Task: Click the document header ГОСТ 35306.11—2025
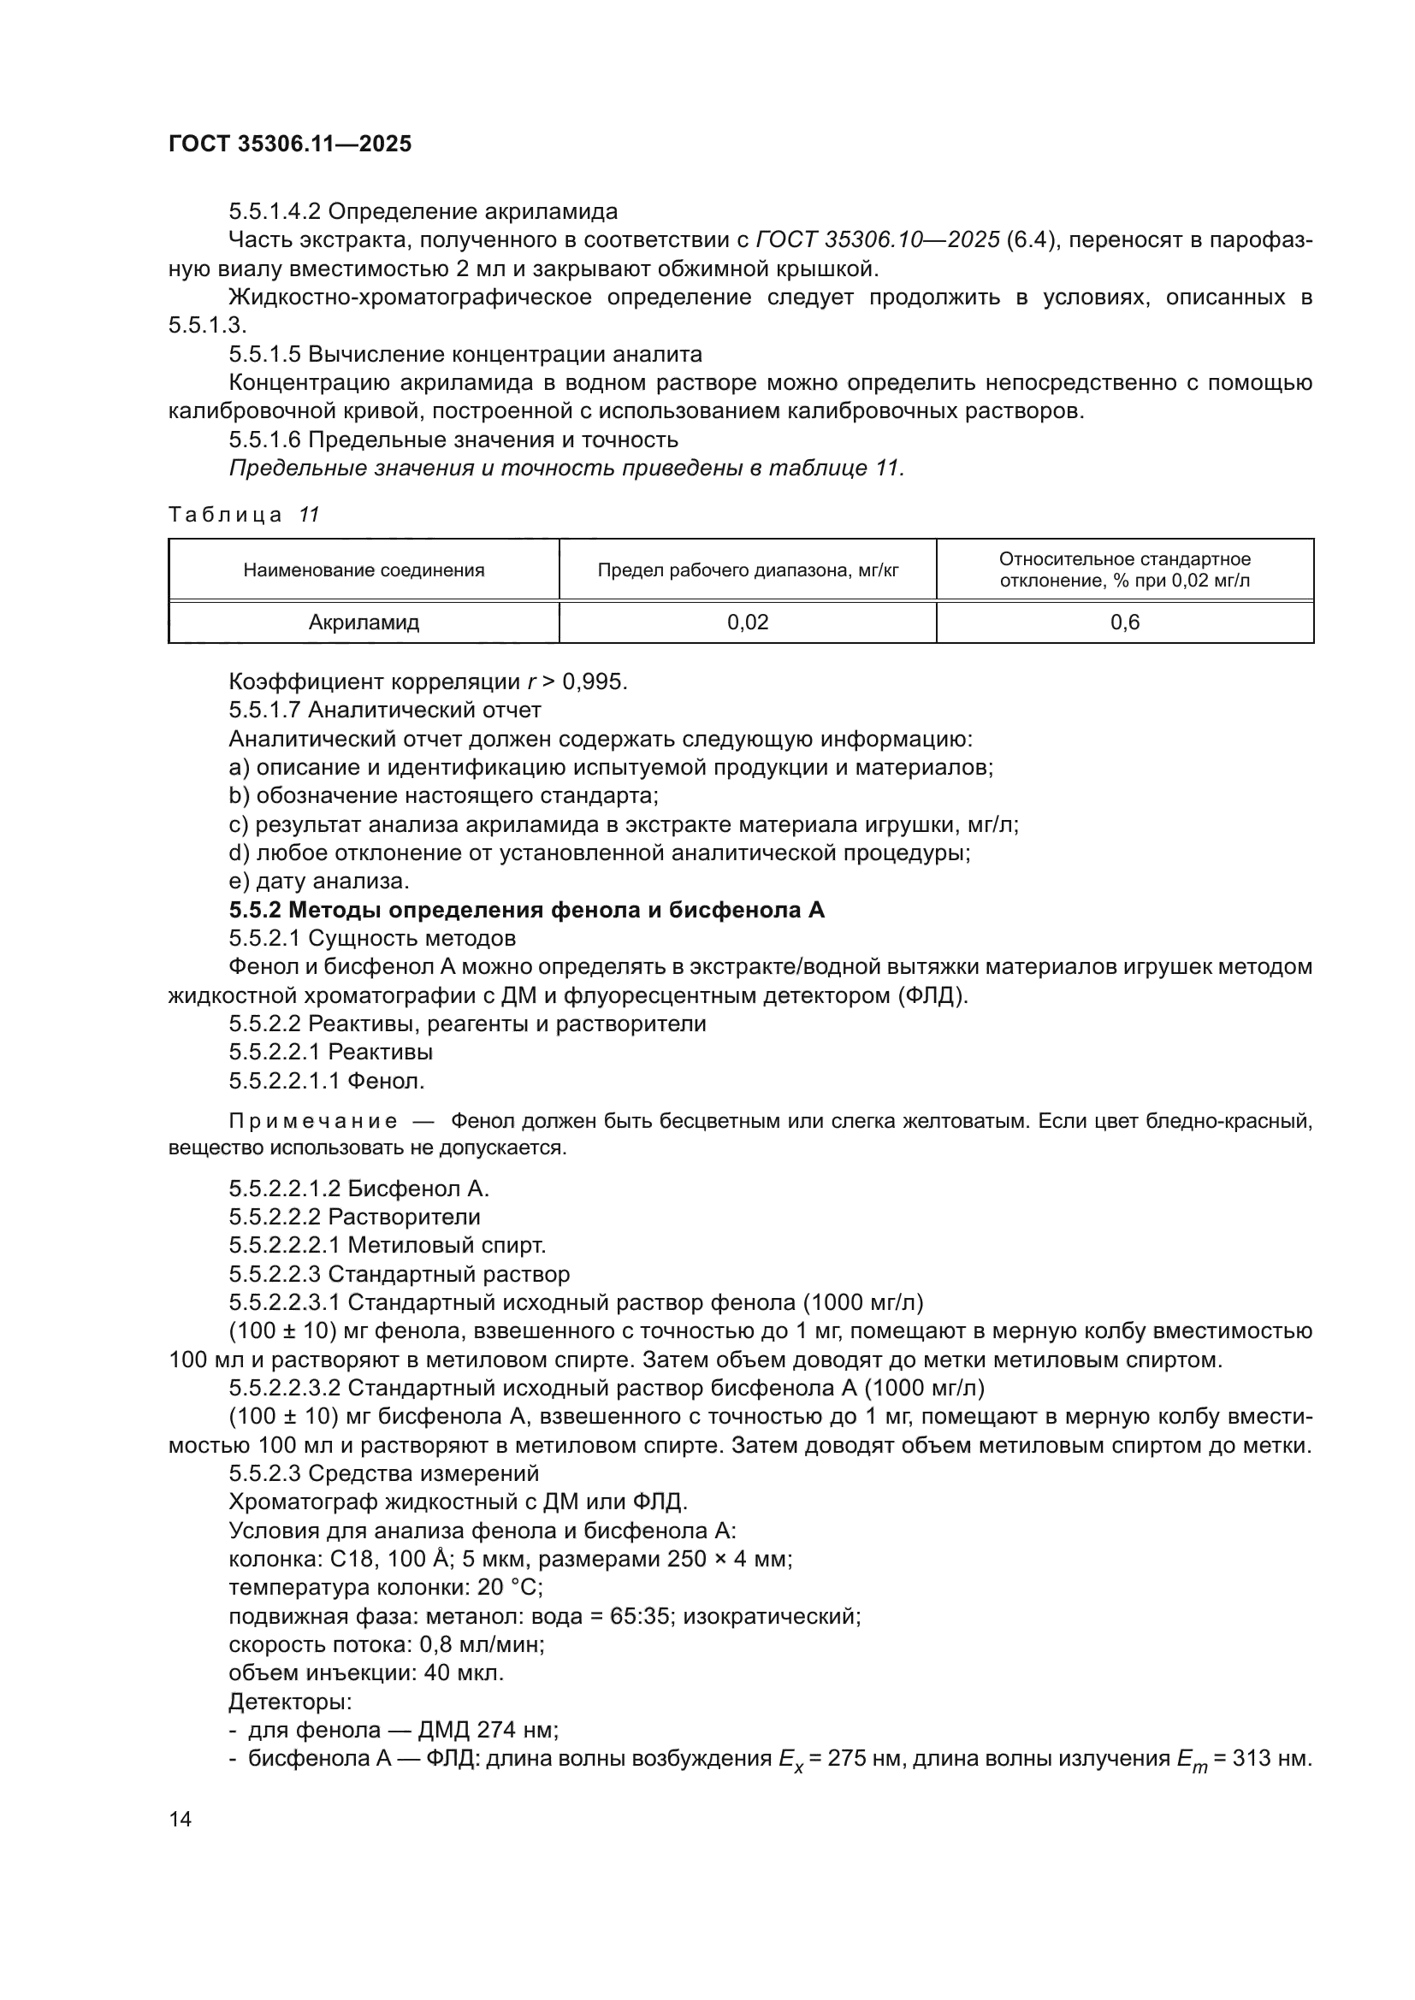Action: pyautogui.click(x=289, y=144)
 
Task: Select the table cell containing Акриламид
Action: pyautogui.click(x=364, y=622)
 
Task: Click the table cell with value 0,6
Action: pyautogui.click(x=1124, y=622)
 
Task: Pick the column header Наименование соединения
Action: pyautogui.click(x=364, y=570)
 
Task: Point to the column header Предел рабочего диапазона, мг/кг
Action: pyautogui.click(x=748, y=570)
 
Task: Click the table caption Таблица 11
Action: pyautogui.click(x=244, y=515)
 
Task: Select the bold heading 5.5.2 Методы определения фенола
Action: pyautogui.click(x=526, y=910)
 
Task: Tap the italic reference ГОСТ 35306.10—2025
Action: pyautogui.click(x=878, y=239)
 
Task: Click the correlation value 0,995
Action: pyautogui.click(x=599, y=681)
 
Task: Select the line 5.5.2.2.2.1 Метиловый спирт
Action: pyautogui.click(x=387, y=1245)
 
